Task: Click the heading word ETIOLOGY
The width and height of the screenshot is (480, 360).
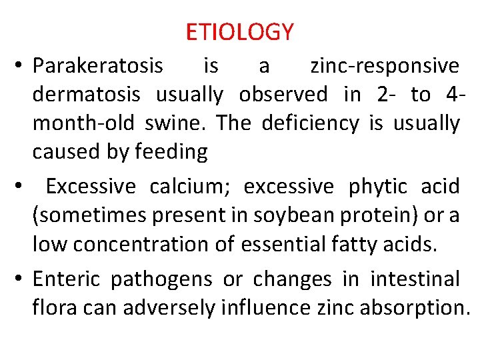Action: [x=239, y=31]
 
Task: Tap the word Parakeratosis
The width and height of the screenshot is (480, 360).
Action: [x=98, y=66]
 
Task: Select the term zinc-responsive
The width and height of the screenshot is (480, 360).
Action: [x=385, y=66]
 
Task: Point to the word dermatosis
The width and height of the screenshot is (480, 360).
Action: [x=87, y=95]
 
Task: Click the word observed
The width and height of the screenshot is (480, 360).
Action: [x=283, y=95]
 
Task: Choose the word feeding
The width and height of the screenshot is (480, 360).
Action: [x=171, y=152]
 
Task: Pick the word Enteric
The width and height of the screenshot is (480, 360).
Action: [x=67, y=278]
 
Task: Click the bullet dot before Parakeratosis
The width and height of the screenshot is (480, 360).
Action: [x=20, y=67]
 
